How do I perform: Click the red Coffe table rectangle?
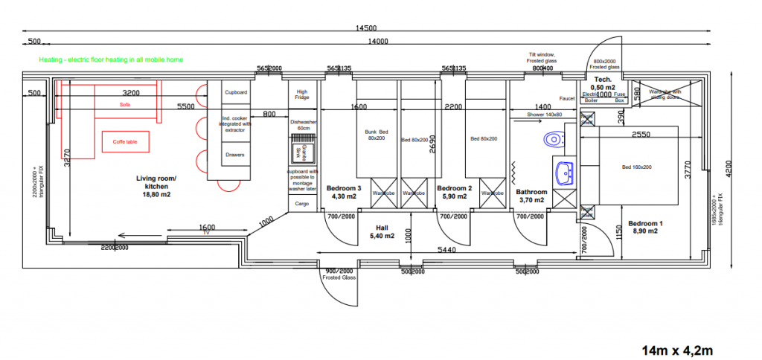[x=124, y=141]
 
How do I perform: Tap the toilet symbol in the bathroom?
[x=553, y=139]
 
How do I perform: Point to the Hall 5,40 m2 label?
[x=382, y=232]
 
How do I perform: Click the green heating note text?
[x=111, y=60]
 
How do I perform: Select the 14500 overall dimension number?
[x=365, y=28]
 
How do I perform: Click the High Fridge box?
[x=302, y=94]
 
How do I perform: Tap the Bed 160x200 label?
[x=637, y=167]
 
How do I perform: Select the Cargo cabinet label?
[x=302, y=203]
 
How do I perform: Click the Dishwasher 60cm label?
[x=303, y=124]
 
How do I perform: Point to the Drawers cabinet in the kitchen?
[x=235, y=155]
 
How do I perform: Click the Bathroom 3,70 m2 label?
[x=532, y=196]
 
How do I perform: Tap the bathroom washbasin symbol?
[x=564, y=173]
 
